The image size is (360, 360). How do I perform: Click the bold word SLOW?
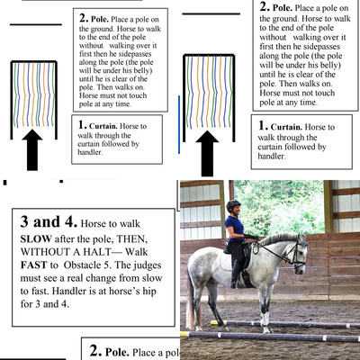(x=36, y=239)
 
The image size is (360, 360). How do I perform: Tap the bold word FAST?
(x=33, y=265)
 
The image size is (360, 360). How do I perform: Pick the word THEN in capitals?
(x=131, y=239)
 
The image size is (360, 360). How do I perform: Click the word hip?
(x=149, y=292)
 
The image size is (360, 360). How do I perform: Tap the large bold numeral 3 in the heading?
(x=24, y=222)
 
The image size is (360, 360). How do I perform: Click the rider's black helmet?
(x=233, y=205)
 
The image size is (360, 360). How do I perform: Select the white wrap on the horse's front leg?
(x=265, y=319)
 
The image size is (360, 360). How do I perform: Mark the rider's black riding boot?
(x=234, y=275)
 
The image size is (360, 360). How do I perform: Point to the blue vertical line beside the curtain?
(x=179, y=124)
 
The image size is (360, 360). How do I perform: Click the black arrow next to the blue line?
(x=207, y=154)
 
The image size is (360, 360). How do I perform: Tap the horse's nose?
(x=301, y=269)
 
